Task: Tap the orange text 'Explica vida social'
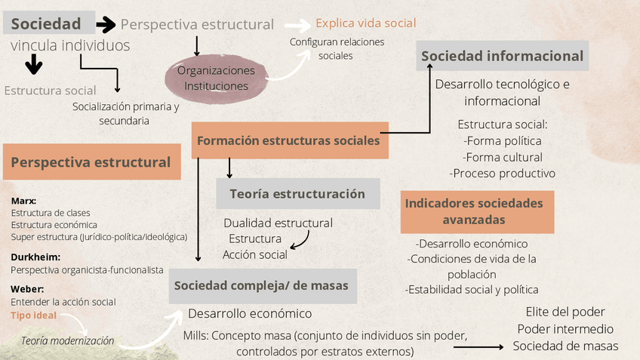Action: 365,23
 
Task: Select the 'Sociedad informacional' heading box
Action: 502,56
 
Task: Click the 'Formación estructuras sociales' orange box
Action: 290,140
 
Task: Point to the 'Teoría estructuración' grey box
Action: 297,194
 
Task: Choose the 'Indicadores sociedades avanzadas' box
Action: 474,211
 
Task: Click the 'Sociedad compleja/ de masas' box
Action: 262,285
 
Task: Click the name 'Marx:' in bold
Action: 24,201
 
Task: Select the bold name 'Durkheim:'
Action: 35,257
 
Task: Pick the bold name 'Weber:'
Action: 27,289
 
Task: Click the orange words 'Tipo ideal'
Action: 33,315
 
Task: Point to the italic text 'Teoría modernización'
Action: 68,340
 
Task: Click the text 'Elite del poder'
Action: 565,312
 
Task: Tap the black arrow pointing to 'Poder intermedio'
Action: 478,347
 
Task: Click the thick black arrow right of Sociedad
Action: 106,25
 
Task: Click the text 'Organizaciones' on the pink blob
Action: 217,70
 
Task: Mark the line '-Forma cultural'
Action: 502,157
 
